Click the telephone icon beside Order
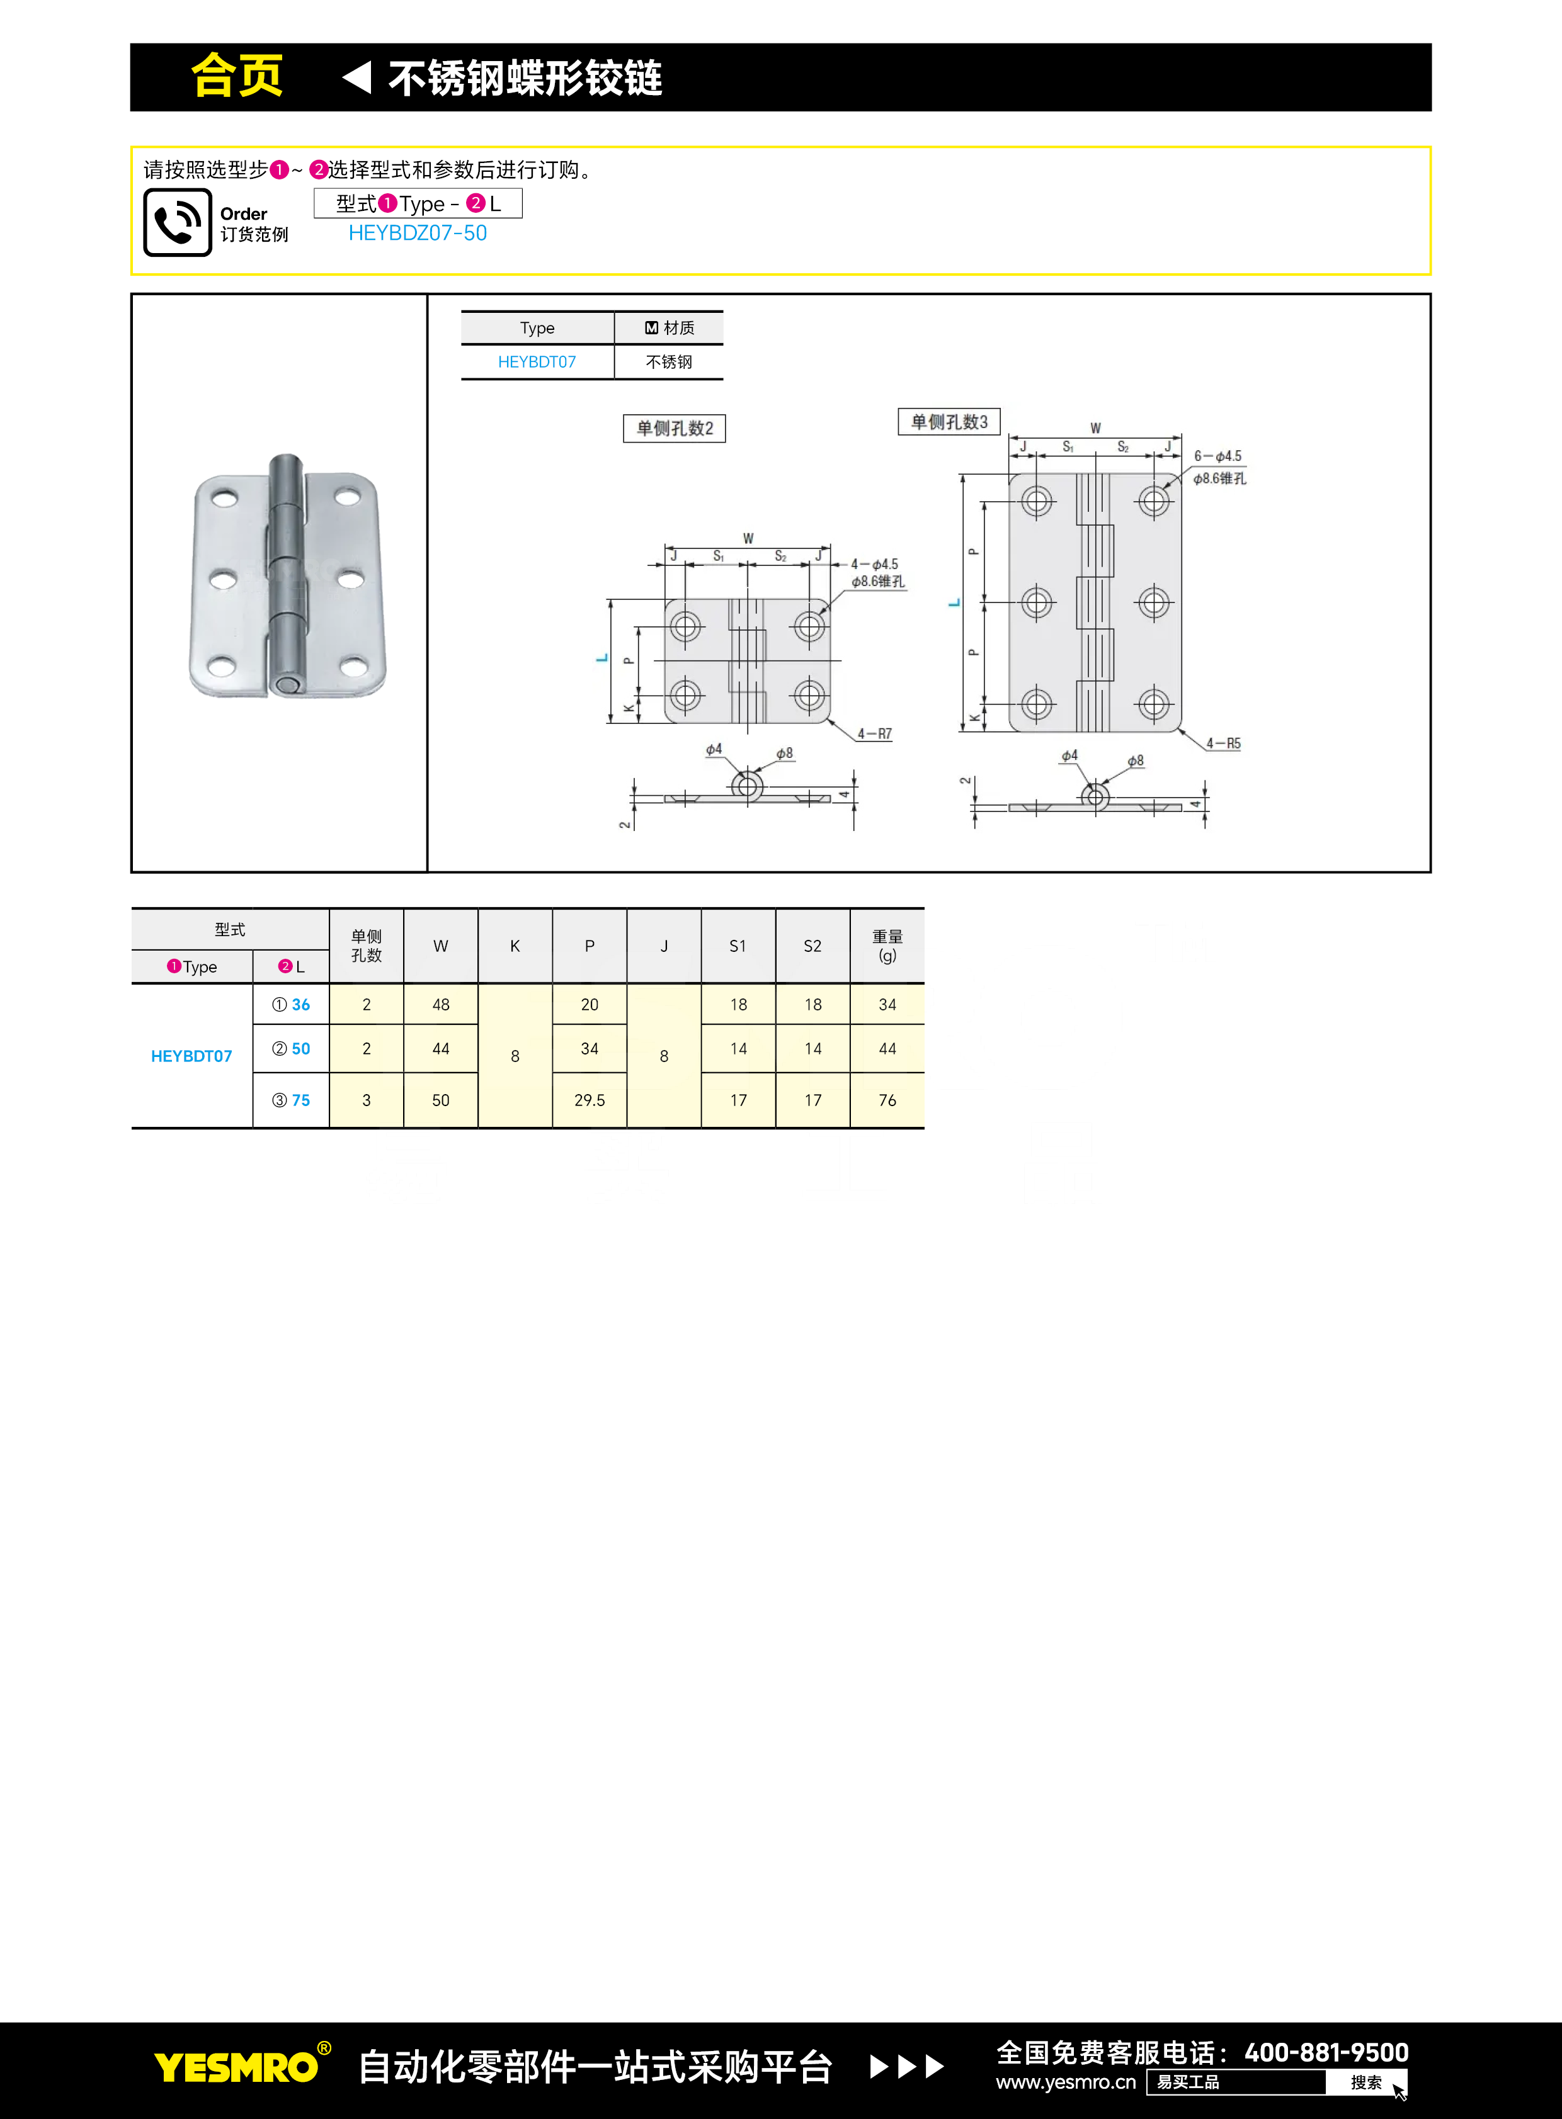click(x=178, y=222)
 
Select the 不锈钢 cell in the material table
click(x=668, y=362)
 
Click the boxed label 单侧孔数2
click(x=674, y=428)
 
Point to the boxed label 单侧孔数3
click(x=949, y=422)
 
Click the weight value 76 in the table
click(x=887, y=1100)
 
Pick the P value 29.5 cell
click(x=589, y=1100)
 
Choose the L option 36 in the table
click(x=292, y=1005)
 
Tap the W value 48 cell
click(x=441, y=1005)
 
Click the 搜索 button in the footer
click(x=1365, y=2082)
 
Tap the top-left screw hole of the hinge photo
click(x=224, y=498)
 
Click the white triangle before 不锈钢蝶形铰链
click(x=357, y=77)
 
